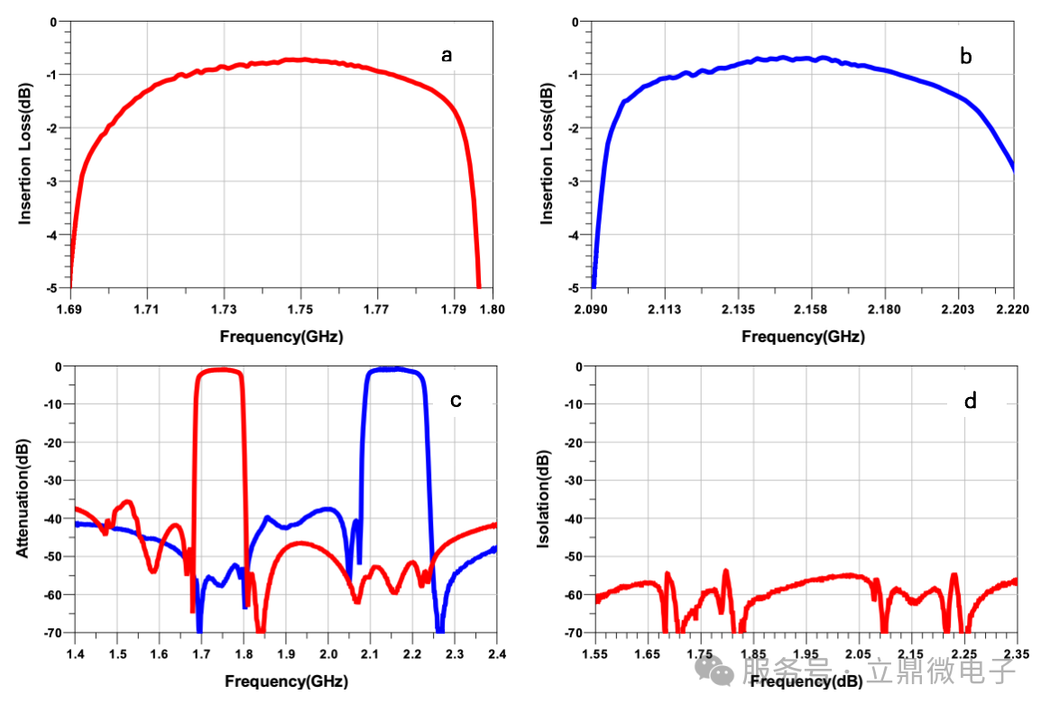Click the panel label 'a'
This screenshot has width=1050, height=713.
click(446, 56)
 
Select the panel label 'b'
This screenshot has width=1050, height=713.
click(965, 57)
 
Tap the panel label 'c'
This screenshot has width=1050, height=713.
click(456, 400)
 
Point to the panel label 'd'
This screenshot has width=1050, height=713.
click(970, 400)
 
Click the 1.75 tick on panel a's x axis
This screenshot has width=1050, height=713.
click(301, 310)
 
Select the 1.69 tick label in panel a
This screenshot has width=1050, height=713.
click(70, 310)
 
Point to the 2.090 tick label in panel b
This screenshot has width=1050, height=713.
click(592, 310)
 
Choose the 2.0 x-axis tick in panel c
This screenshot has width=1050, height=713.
click(328, 653)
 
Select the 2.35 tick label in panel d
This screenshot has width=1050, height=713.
click(1016, 653)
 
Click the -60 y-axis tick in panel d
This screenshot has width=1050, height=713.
click(573, 595)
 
